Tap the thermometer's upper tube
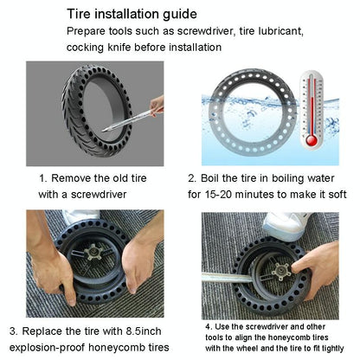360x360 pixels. tap(309, 95)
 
